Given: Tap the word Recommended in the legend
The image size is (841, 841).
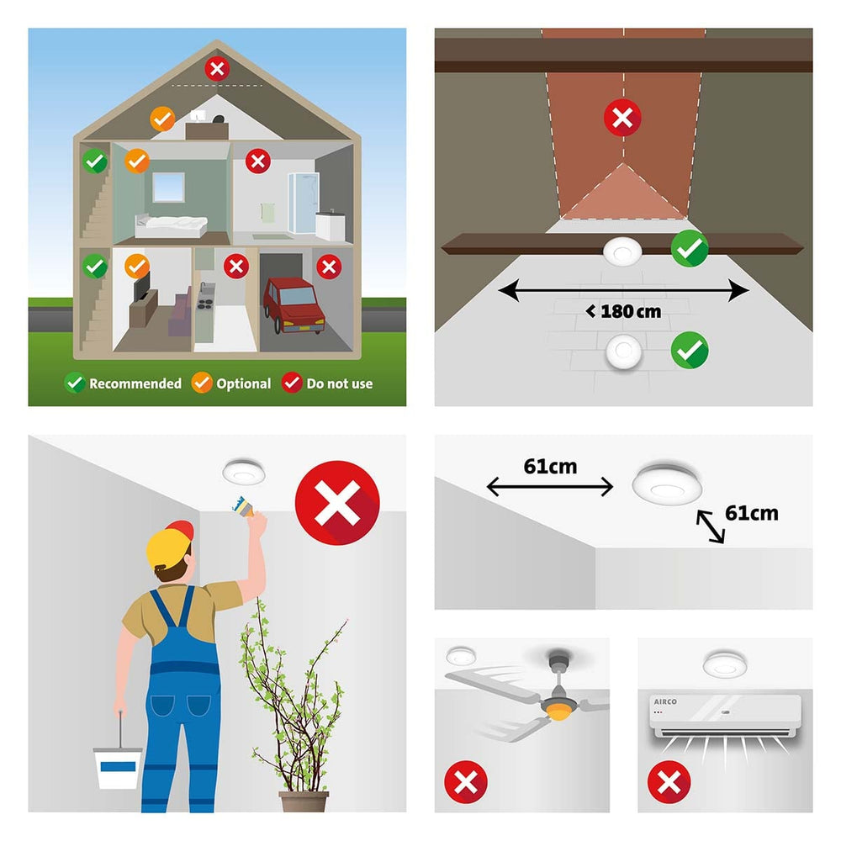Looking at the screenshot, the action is tap(135, 383).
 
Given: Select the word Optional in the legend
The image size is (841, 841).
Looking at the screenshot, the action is tap(244, 383).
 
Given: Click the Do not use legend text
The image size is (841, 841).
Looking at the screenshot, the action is tap(340, 383).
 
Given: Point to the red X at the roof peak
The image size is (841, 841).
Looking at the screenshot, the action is tap(217, 69).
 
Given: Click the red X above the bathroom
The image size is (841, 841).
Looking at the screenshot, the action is tap(258, 161).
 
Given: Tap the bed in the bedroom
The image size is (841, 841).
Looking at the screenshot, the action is tap(171, 225).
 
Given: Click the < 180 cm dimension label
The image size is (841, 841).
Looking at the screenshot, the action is tap(624, 311).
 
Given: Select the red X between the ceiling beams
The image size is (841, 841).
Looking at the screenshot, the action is tap(622, 118).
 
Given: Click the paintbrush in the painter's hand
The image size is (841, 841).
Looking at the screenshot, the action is tap(242, 506).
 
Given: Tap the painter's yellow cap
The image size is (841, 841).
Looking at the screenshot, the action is tap(170, 544).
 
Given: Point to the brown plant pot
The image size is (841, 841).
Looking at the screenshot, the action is tap(304, 801).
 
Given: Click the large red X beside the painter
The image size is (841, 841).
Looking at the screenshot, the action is tap(337, 503).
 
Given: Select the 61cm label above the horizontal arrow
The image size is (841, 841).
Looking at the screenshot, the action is tap(550, 466).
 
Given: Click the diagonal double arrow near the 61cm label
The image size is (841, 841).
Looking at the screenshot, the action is tap(711, 526).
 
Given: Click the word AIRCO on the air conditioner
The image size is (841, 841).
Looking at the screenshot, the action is tap(665, 701).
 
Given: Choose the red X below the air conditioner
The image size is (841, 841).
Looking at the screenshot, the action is tap(669, 782).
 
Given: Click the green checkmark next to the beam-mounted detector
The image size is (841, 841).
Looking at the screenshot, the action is tap(690, 248).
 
